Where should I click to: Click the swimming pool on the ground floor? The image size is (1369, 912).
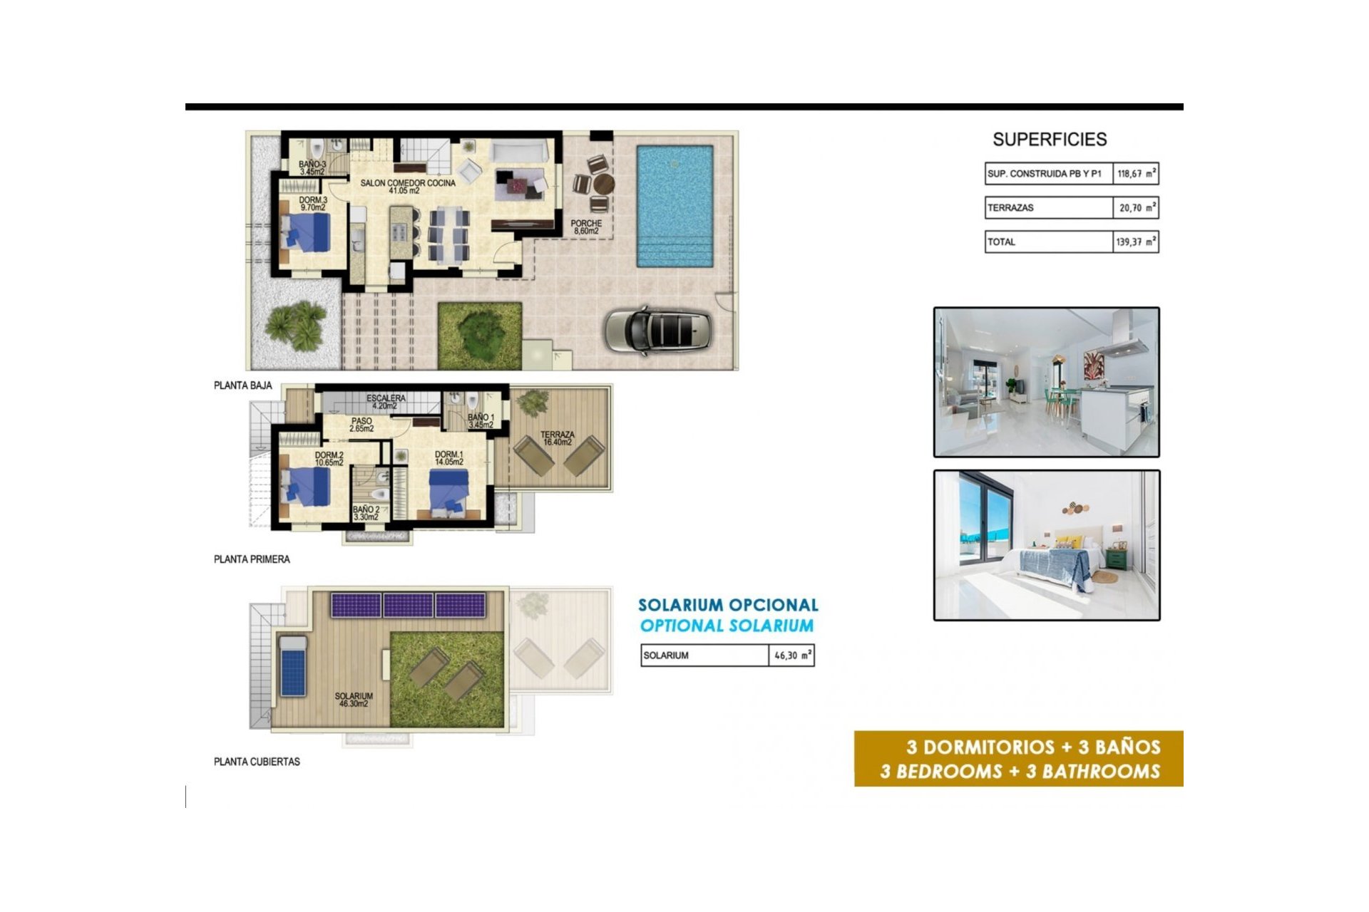(675, 205)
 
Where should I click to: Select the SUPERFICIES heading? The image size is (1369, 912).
(1050, 140)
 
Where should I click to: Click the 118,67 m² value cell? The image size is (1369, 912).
(1136, 174)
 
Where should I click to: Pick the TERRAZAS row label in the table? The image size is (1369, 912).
(1010, 208)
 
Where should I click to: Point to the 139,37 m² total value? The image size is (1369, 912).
(1136, 242)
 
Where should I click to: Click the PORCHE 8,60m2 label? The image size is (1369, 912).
(586, 227)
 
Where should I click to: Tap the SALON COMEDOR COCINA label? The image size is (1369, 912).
(407, 187)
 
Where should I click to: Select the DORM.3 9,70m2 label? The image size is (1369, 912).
(313, 204)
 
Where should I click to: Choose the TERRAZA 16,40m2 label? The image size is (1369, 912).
(557, 438)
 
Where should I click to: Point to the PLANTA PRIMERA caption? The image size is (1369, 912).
(252, 559)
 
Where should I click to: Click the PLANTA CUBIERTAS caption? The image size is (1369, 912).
(257, 762)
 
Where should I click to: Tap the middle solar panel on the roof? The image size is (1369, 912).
(408, 606)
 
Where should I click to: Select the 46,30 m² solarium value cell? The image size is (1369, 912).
(792, 655)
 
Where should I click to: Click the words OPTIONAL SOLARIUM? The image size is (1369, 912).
(727, 626)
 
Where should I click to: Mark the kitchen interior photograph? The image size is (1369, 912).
(1046, 382)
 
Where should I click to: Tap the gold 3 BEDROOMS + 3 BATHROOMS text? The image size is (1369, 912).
(1020, 772)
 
